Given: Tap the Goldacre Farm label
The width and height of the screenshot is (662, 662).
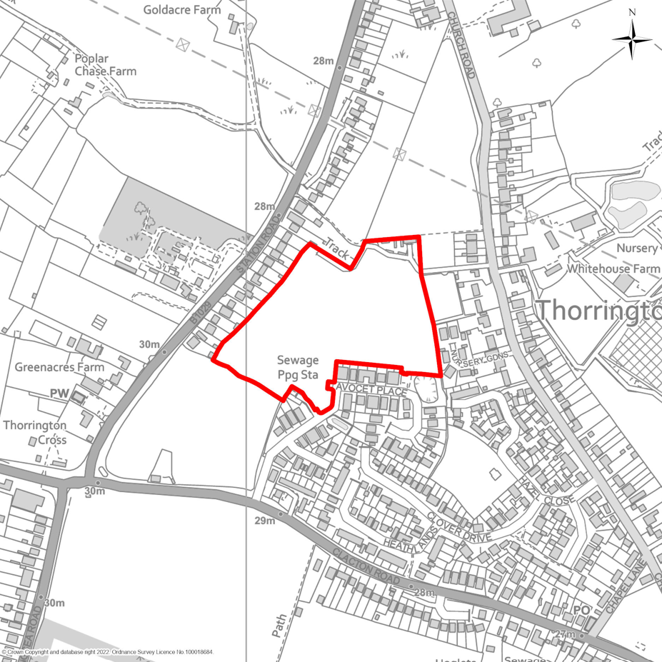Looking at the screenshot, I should pyautogui.click(x=181, y=10).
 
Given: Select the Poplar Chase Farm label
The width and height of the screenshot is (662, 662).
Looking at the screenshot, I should pyautogui.click(x=105, y=64).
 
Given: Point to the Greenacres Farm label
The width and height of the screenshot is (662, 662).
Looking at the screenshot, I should pyautogui.click(x=59, y=367).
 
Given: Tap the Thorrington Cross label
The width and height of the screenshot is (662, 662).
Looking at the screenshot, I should pyautogui.click(x=35, y=432).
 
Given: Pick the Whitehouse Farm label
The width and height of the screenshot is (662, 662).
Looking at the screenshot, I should pyautogui.click(x=613, y=269).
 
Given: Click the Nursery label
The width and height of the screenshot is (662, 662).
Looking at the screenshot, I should pyautogui.click(x=638, y=248).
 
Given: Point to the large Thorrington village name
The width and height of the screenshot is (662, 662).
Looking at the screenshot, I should pyautogui.click(x=598, y=311).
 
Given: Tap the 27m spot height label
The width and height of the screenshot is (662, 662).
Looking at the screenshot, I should pyautogui.click(x=564, y=635).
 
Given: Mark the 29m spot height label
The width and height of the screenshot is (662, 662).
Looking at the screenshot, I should pyautogui.click(x=264, y=521).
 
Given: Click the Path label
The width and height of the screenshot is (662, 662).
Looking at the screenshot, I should pyautogui.click(x=279, y=626).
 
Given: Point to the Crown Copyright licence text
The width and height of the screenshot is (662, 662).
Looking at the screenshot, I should pyautogui.click(x=107, y=652).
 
